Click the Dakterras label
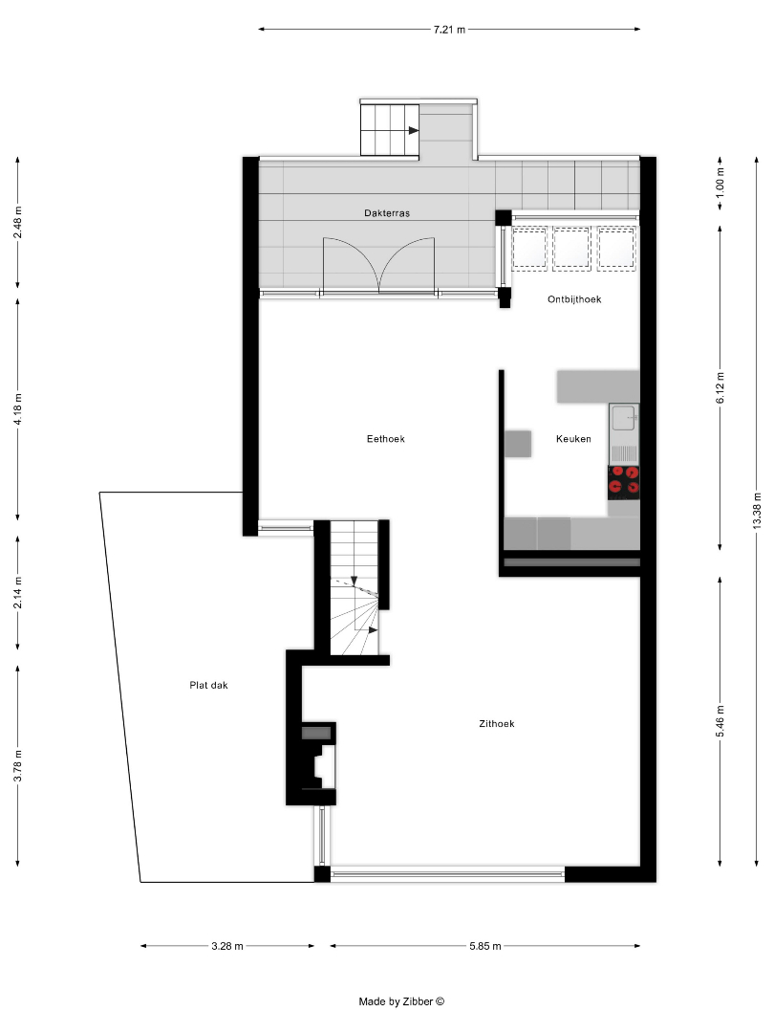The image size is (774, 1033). click(x=387, y=212)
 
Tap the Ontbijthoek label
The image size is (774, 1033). click(x=574, y=299)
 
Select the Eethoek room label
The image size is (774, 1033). click(x=386, y=439)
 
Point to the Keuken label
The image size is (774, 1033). click(x=573, y=439)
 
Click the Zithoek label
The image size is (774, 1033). click(x=496, y=723)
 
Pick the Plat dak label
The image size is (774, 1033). click(x=208, y=685)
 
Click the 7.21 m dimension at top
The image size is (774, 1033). click(x=449, y=30)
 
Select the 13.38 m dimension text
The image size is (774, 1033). click(x=757, y=511)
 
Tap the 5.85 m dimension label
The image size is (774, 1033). click(x=485, y=946)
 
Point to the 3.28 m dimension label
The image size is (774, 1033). click(x=227, y=946)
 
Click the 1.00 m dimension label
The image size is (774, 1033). click(x=720, y=184)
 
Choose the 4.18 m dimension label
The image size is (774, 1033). click(x=18, y=409)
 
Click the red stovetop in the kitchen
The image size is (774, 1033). click(x=623, y=480)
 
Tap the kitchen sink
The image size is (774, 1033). click(x=623, y=418)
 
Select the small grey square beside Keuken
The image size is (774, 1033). click(x=518, y=444)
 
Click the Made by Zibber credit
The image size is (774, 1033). click(x=401, y=1001)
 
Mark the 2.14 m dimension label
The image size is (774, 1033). click(x=18, y=592)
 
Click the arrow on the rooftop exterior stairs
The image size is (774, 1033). click(x=414, y=130)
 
